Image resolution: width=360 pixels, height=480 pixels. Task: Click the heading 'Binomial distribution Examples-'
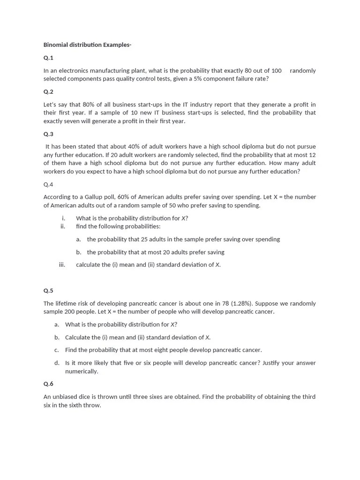[87, 45]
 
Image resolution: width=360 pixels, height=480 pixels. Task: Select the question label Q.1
[48, 58]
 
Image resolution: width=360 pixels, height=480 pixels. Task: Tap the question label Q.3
[48, 134]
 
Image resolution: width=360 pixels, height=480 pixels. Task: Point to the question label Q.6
[48, 384]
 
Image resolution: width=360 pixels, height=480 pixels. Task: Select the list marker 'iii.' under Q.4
[62, 265]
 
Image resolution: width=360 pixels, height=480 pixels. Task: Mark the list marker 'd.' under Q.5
[57, 363]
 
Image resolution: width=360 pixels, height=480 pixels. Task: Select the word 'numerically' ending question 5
[81, 371]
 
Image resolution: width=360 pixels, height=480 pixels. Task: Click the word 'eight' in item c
[163, 350]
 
